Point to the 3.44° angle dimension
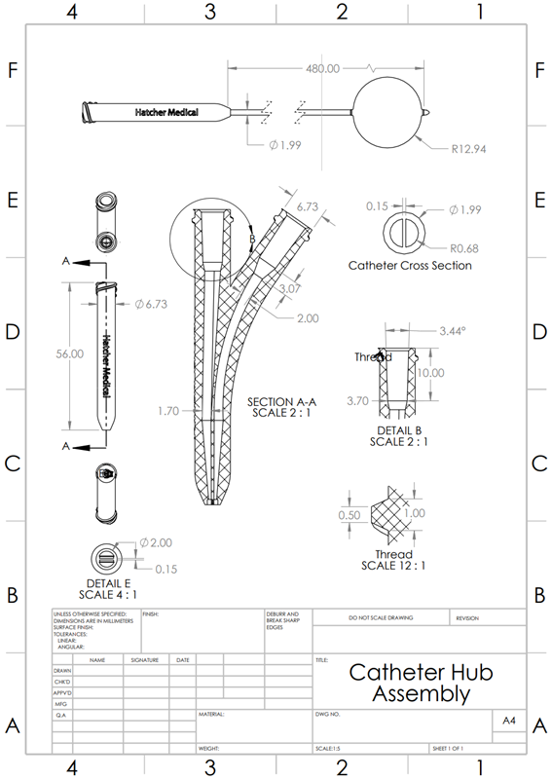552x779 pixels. click(x=452, y=331)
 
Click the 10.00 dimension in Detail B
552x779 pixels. click(x=430, y=373)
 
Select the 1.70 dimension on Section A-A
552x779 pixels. click(x=169, y=412)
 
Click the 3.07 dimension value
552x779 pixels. click(x=289, y=289)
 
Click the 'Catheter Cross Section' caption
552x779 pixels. click(x=410, y=265)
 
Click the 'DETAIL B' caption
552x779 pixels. click(x=399, y=429)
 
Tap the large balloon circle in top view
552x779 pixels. click(x=389, y=112)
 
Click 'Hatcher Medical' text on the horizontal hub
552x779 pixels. click(x=166, y=113)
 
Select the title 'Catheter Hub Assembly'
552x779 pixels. click(x=421, y=683)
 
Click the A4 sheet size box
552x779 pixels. click(x=507, y=722)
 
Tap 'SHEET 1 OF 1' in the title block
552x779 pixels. click(x=448, y=749)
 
